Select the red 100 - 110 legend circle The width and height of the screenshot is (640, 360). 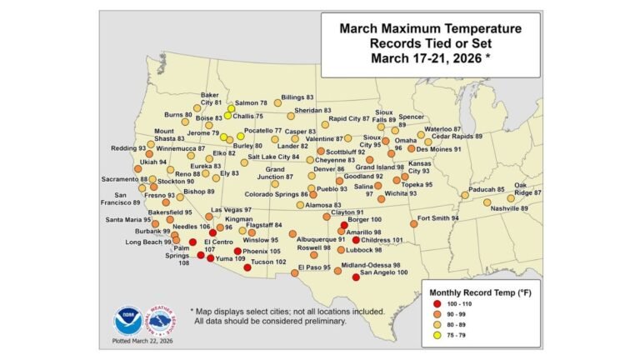[x=441, y=305]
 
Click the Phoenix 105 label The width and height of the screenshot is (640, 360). [x=262, y=251]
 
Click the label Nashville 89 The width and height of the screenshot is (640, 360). [x=512, y=208]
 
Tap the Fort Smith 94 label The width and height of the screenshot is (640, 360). [x=438, y=218]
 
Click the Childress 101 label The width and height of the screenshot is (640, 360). [x=386, y=240]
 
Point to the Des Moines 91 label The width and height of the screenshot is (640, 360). [x=439, y=149]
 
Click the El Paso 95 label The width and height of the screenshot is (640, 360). [x=316, y=267]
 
